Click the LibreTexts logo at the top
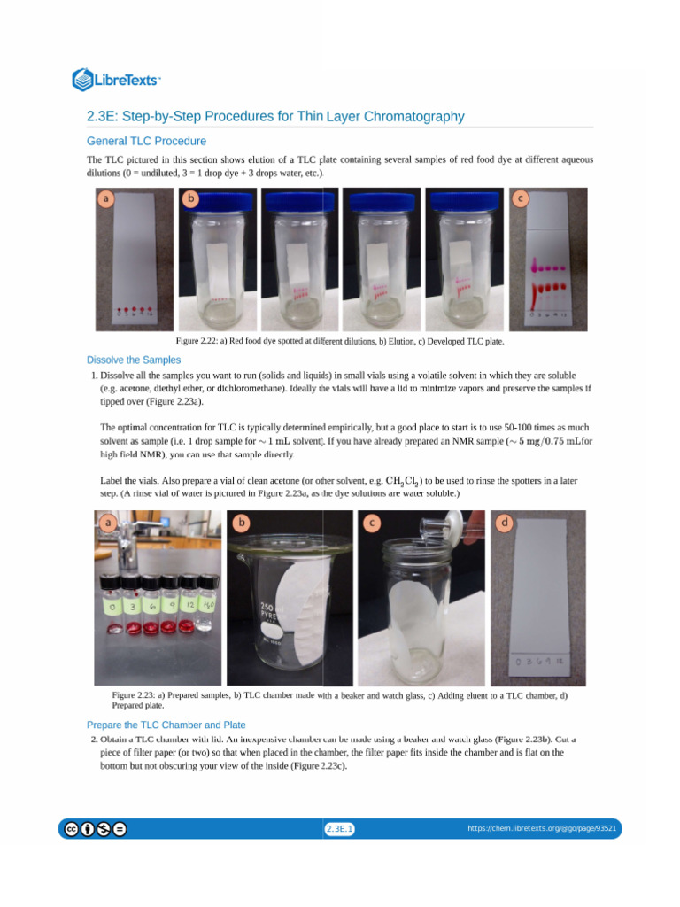pos(116,80)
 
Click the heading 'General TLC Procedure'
pos(146,141)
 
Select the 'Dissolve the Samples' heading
pos(134,360)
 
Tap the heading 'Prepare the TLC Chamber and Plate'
pos(166,725)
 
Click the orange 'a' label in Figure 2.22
pos(106,200)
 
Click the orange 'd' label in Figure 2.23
pos(504,523)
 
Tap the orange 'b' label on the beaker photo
pos(241,523)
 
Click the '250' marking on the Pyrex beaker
pos(267,609)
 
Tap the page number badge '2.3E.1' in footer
pos(340,829)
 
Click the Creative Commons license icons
pos(93,829)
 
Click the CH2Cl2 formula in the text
pos(402,481)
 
